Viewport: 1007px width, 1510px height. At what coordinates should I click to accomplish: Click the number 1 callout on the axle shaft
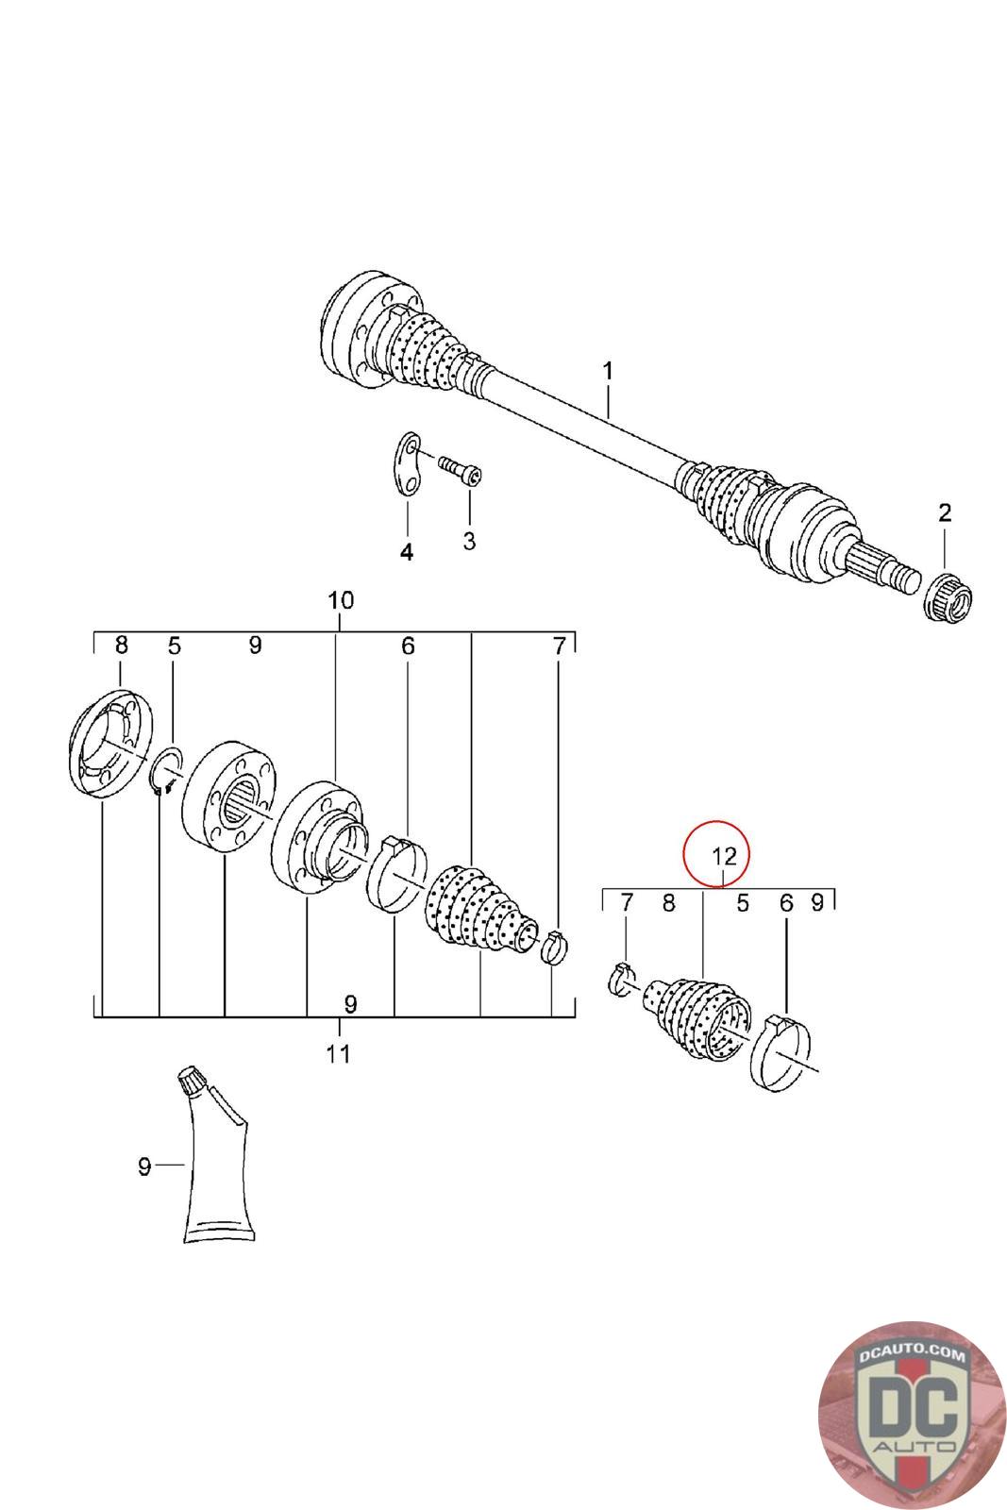(x=608, y=370)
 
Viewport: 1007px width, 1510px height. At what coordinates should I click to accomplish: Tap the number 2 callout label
(x=945, y=513)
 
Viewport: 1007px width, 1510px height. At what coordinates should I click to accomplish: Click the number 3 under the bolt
(x=469, y=541)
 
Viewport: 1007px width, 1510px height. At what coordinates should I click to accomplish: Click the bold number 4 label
(x=407, y=552)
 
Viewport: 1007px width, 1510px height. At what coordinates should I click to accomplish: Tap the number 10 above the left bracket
(x=340, y=599)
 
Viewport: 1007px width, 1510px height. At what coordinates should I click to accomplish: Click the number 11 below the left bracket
(x=338, y=1053)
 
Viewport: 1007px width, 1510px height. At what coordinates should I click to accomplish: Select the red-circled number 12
(x=723, y=856)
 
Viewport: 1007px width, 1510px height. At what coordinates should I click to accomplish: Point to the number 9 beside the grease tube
(x=144, y=1167)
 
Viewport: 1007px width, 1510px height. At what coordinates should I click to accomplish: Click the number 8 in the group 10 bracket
(x=121, y=646)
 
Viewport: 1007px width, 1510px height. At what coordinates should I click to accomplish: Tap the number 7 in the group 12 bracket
(x=627, y=904)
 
